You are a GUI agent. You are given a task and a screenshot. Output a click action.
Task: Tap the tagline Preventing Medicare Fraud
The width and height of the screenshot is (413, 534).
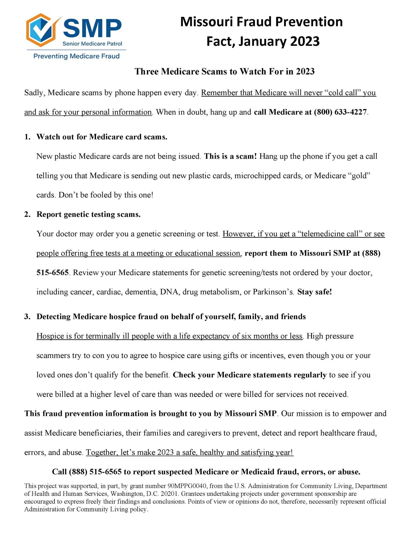(x=76, y=56)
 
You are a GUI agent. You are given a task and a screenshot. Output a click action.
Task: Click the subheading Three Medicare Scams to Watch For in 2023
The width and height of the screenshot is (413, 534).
(x=224, y=71)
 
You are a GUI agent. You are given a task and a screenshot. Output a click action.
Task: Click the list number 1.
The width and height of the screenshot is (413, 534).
(x=27, y=137)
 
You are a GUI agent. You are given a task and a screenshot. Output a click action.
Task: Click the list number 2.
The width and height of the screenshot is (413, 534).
(x=27, y=214)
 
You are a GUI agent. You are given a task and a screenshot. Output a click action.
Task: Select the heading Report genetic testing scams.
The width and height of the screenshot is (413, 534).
(x=89, y=214)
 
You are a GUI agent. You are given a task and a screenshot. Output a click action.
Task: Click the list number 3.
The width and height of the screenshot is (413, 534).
(x=27, y=317)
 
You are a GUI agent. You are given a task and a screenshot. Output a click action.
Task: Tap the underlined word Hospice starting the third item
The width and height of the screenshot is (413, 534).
(x=50, y=336)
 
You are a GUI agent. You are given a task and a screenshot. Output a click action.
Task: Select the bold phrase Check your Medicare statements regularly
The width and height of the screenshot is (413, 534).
(x=250, y=375)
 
